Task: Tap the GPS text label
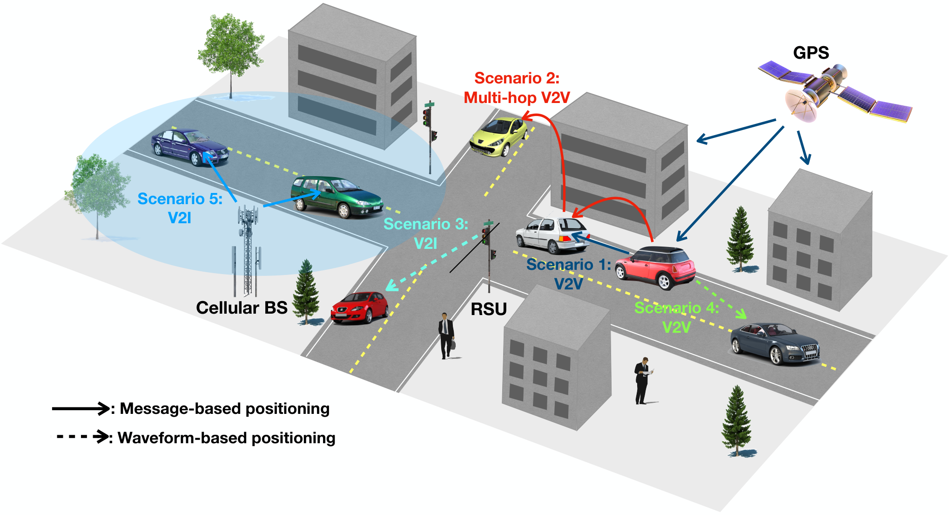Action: (x=811, y=53)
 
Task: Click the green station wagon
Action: (x=337, y=196)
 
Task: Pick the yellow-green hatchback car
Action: (x=498, y=137)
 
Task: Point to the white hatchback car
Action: (x=552, y=234)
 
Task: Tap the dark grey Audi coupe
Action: (x=775, y=343)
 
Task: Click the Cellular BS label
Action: (x=242, y=308)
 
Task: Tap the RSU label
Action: (x=489, y=309)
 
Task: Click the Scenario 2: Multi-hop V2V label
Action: (x=517, y=88)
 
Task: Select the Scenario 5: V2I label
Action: (x=180, y=208)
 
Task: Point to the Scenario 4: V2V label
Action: (x=677, y=317)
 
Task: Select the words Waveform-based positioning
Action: (x=227, y=438)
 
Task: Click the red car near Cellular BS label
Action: (x=359, y=307)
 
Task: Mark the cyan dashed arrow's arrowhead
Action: (x=392, y=285)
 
